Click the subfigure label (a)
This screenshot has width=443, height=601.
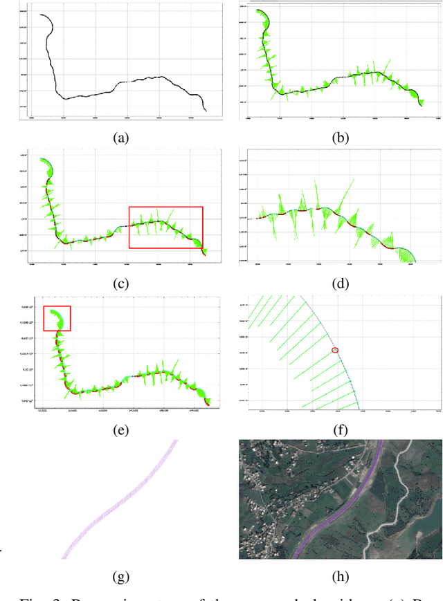click(x=120, y=138)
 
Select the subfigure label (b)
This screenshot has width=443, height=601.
click(x=340, y=138)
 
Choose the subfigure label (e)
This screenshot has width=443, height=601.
click(x=120, y=430)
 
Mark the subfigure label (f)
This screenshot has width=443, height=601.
click(x=340, y=430)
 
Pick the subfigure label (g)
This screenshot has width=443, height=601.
click(x=120, y=576)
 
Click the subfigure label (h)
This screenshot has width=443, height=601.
click(x=340, y=576)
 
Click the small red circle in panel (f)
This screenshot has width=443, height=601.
click(x=336, y=351)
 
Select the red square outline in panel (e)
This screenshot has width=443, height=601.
click(x=57, y=319)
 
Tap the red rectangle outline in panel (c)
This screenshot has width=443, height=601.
click(x=165, y=228)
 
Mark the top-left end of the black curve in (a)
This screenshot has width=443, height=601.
click(x=40, y=14)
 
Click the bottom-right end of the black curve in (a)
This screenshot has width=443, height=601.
click(x=206, y=110)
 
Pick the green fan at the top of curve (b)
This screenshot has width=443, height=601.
click(x=262, y=17)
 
